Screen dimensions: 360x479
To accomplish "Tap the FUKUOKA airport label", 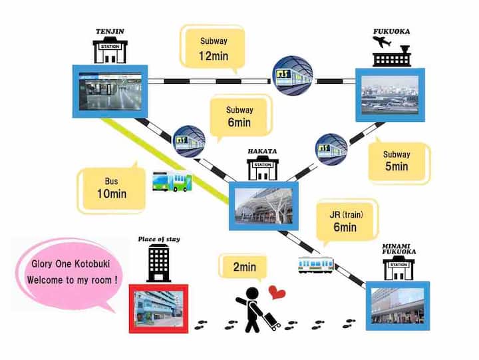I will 392,31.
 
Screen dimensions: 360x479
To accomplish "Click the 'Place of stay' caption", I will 158,239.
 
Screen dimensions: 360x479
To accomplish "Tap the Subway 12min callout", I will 214,49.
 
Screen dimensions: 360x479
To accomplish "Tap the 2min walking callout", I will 244,268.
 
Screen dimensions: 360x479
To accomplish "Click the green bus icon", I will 172,181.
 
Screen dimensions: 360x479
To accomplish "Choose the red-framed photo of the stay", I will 158,308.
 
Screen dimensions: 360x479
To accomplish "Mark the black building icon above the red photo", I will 159,262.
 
